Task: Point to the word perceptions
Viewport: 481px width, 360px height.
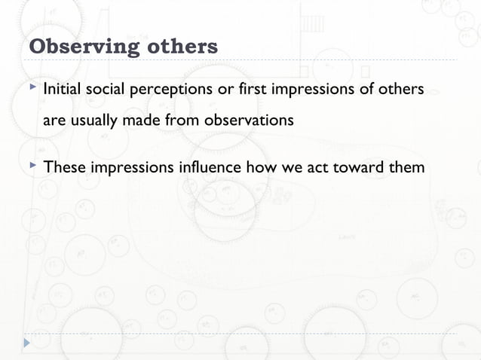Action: (x=169, y=91)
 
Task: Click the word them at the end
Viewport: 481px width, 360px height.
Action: (x=407, y=166)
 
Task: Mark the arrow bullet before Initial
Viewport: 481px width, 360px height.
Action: (x=31, y=90)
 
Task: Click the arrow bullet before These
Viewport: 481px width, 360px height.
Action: (x=31, y=165)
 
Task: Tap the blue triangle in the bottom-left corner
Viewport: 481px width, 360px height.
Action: (x=28, y=342)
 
